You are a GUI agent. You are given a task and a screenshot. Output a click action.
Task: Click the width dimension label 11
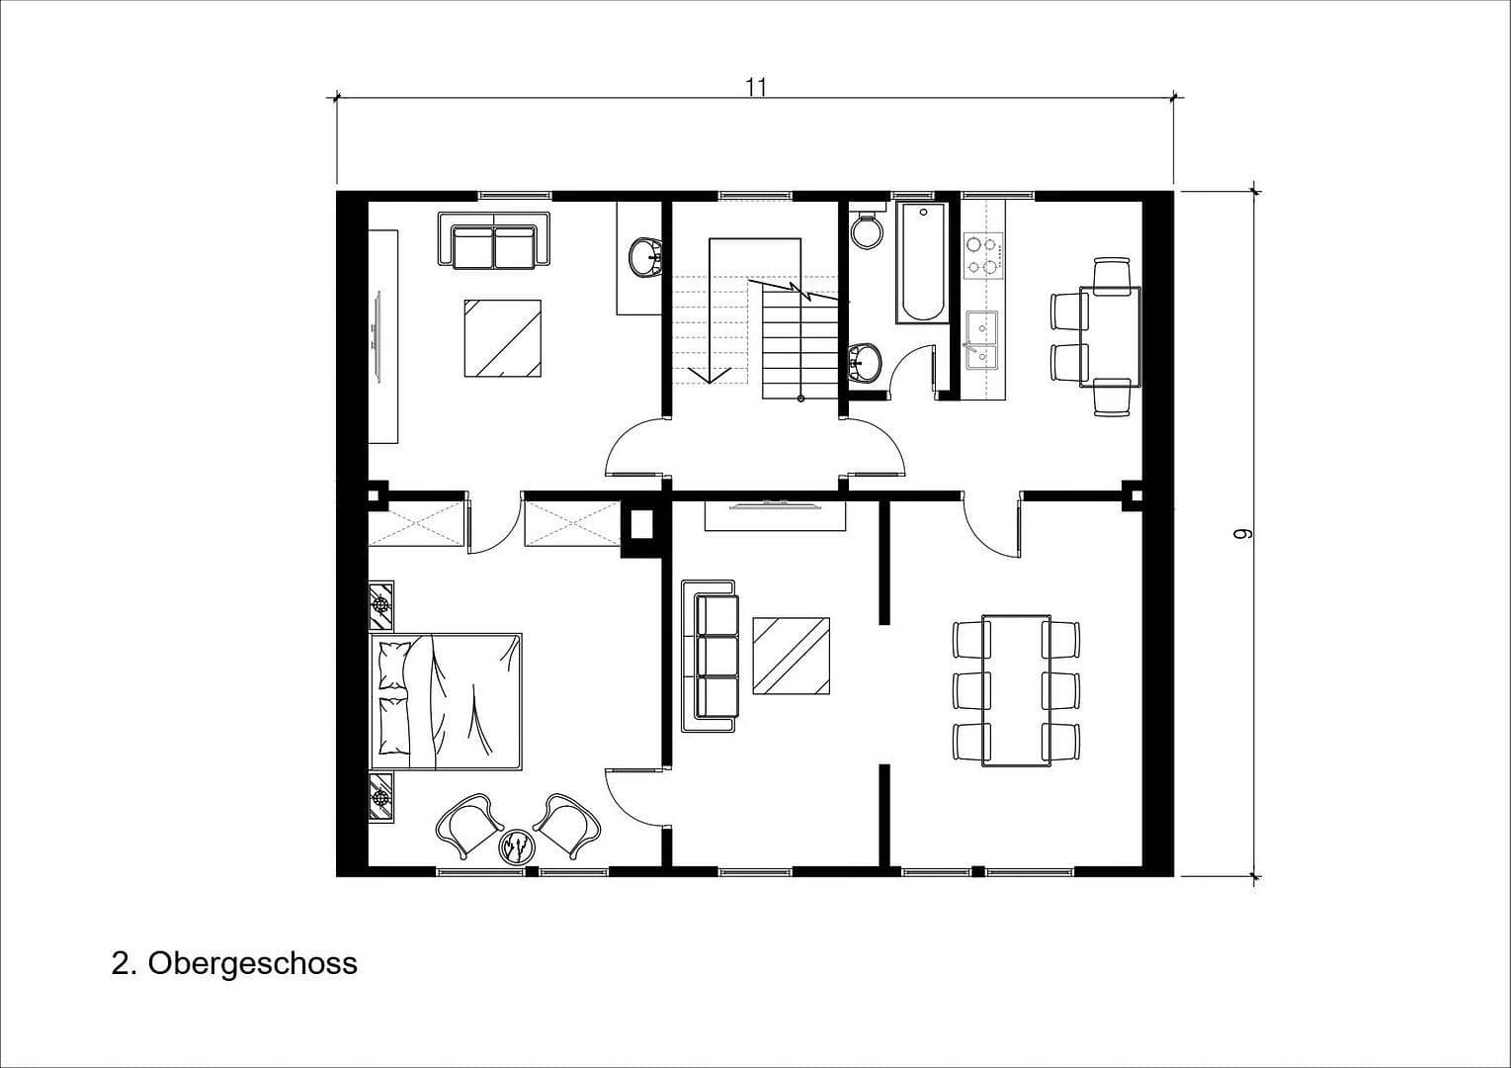(x=756, y=86)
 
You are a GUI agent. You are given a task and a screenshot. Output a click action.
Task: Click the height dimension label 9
(x=1242, y=534)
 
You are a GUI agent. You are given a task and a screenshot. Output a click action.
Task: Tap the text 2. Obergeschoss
(x=234, y=962)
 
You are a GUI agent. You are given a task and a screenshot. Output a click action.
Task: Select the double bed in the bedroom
(x=447, y=701)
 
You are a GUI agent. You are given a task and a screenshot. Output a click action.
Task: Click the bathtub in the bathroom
(x=921, y=262)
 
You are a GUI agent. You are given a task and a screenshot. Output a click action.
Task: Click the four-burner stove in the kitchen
(x=983, y=253)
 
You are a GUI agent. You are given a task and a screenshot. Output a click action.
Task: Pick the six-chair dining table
(x=1016, y=689)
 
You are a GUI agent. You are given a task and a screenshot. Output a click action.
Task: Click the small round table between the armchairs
(x=518, y=846)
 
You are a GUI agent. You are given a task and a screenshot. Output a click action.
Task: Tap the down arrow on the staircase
(x=709, y=374)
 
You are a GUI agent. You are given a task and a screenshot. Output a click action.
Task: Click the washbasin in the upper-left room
(x=645, y=256)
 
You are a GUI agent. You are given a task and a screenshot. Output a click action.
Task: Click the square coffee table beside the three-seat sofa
(x=791, y=657)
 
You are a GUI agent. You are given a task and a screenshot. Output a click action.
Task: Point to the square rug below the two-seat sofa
(x=503, y=338)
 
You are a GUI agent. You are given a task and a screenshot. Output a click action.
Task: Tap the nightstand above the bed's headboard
(x=381, y=605)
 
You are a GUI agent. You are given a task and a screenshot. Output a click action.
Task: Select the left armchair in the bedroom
(x=468, y=824)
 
